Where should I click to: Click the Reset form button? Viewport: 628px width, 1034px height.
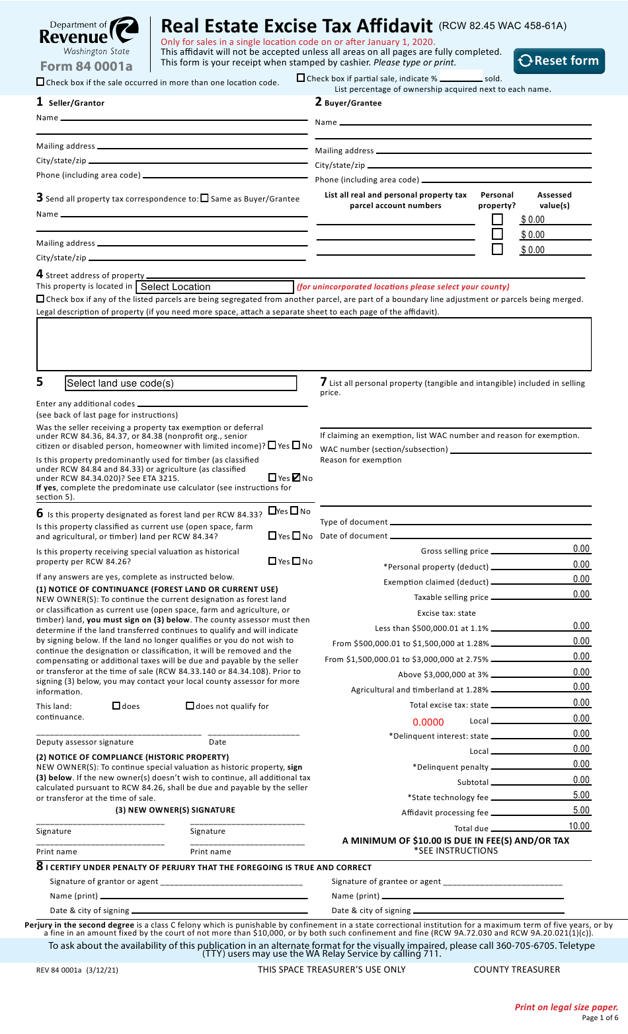point(559,61)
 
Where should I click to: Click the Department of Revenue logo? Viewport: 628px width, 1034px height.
point(89,37)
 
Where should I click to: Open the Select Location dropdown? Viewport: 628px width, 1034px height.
point(214,287)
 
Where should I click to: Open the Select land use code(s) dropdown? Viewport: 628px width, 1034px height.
point(180,383)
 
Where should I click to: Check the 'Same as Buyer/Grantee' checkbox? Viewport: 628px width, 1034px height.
point(204,198)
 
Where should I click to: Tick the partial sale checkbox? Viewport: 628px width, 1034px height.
point(301,78)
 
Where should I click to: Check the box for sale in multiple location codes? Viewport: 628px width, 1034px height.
point(40,82)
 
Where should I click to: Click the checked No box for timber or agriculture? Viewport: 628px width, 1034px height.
point(296,477)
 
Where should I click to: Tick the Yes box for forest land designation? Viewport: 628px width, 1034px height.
point(272,510)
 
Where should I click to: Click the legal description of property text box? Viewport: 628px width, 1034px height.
point(313,344)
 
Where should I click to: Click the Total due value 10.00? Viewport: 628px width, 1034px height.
point(578,826)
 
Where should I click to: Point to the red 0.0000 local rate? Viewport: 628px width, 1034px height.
point(428,722)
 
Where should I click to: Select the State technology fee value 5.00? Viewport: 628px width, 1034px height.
point(580,795)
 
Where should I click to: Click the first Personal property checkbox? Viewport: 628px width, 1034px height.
point(497,219)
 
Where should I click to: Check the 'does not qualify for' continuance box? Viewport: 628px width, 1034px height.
point(190,706)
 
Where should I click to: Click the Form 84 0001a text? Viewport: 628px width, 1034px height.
point(86,66)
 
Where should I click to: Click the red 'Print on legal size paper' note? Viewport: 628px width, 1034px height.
point(566,1007)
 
